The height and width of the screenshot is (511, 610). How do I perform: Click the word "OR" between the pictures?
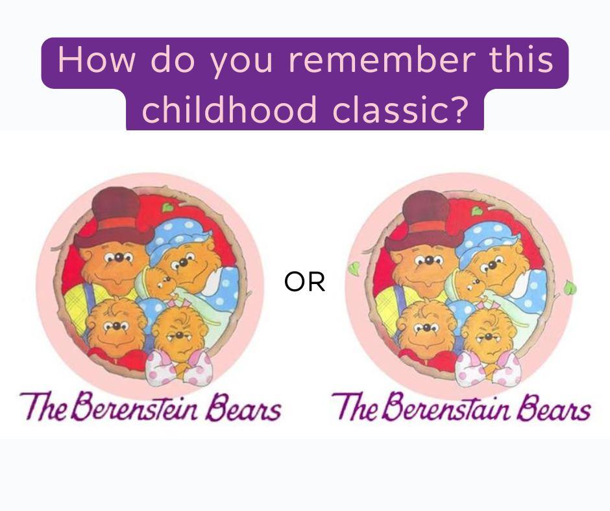click(304, 282)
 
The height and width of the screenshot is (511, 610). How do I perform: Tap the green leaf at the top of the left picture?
click(167, 208)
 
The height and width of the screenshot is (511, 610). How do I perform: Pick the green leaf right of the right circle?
click(570, 288)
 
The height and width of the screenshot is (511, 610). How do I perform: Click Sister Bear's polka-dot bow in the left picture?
click(179, 367)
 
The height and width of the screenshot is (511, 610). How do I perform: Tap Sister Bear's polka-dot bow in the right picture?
click(488, 368)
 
